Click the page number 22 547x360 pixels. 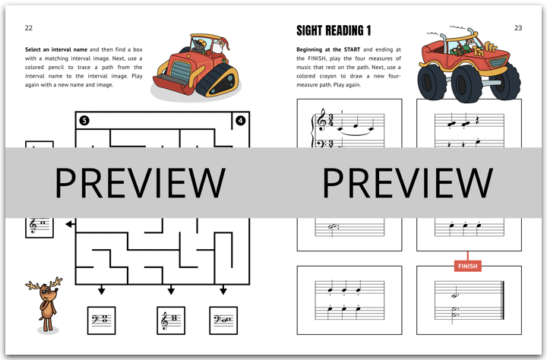coord(29,28)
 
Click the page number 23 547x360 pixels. coord(518,28)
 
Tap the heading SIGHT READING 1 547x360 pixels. coord(334,30)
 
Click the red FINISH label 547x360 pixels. coord(467,266)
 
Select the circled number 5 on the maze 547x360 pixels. coord(84,120)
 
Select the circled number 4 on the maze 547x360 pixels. coord(241,120)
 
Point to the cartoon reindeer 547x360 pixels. coord(47,304)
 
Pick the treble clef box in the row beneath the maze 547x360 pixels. coord(171,321)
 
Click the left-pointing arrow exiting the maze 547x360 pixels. coord(70,224)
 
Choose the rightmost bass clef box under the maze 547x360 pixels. coord(223,321)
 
